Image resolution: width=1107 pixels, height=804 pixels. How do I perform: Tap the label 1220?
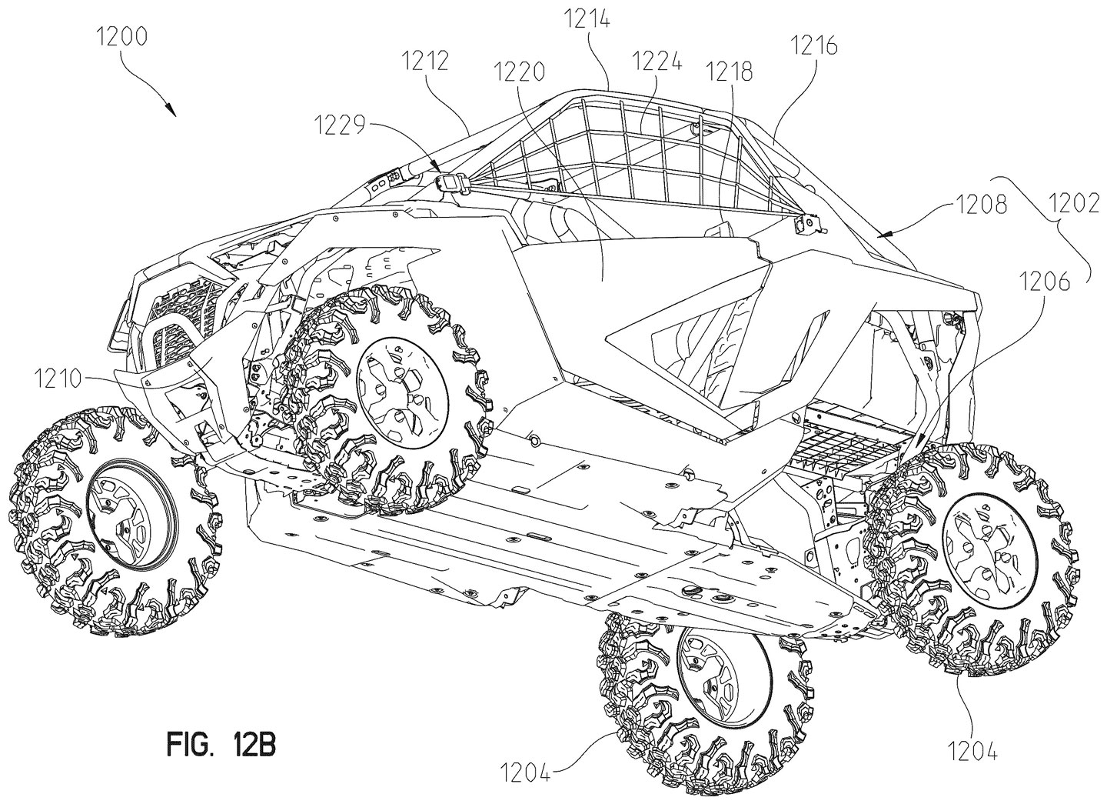[x=521, y=72]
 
